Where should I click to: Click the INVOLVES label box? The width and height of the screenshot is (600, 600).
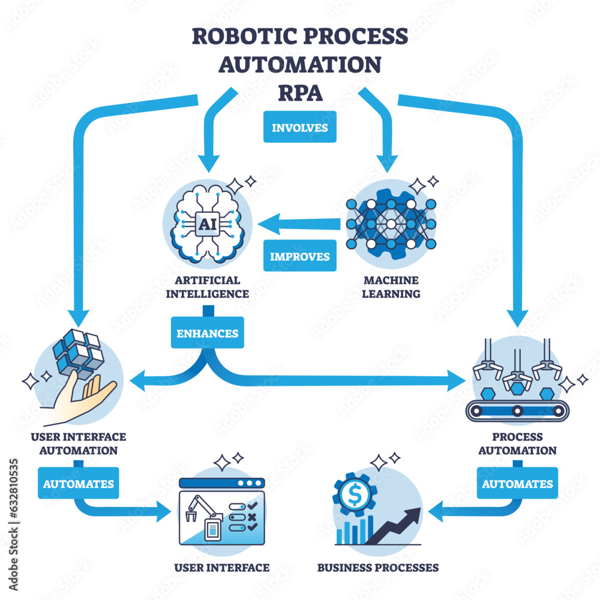point(299,128)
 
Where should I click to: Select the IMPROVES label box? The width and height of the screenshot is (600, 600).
point(299,256)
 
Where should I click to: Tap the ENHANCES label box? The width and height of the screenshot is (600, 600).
point(208,333)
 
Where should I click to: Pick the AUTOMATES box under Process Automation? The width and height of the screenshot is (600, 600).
point(517,483)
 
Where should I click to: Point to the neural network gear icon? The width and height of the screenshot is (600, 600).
point(391,224)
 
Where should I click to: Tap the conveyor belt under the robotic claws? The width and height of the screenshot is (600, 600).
point(516,410)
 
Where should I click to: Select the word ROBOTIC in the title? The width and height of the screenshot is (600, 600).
point(241,36)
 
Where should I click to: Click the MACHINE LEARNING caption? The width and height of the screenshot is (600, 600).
point(391,287)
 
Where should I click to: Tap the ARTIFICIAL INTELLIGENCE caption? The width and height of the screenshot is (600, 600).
point(207,287)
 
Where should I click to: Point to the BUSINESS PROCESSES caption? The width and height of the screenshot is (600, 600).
point(377,567)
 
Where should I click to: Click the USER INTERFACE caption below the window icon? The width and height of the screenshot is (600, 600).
point(221,567)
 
